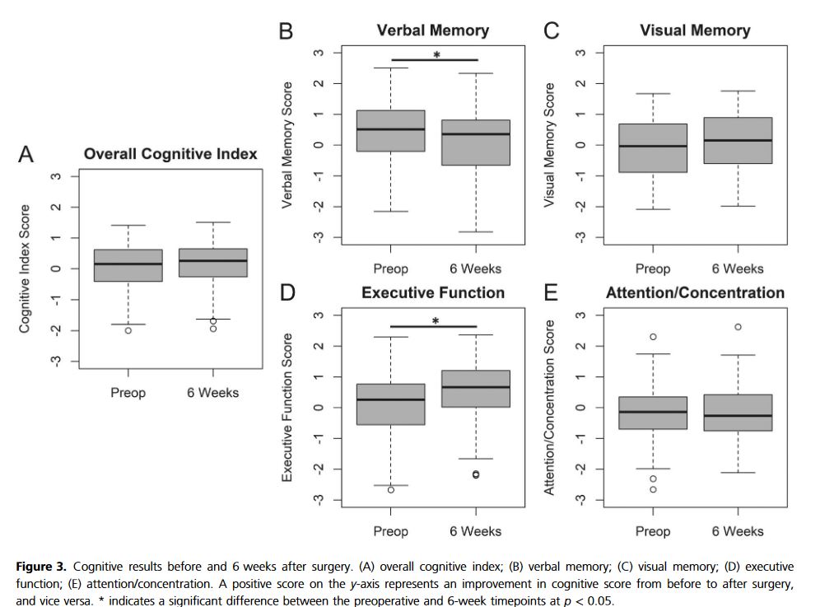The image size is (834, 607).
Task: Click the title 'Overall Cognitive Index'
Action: (x=170, y=154)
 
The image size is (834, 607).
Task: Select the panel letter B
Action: (x=286, y=31)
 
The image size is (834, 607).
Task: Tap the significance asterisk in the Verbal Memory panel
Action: (x=436, y=55)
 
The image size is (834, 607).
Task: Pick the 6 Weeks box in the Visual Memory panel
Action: (x=737, y=140)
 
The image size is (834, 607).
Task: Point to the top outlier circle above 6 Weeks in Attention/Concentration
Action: (x=738, y=327)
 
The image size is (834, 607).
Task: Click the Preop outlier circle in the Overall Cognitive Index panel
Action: (x=128, y=330)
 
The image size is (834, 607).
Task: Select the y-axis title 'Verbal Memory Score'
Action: (x=287, y=145)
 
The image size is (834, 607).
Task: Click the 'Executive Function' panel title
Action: (x=433, y=292)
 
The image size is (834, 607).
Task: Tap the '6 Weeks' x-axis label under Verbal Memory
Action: (x=475, y=268)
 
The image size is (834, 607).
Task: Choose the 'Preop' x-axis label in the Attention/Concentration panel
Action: (x=653, y=531)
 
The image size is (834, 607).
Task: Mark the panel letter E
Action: (x=551, y=293)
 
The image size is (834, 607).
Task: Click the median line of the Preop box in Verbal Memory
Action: (x=390, y=129)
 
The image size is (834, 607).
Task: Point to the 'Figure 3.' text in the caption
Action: (x=42, y=567)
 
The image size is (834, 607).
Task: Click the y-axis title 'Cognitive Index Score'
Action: (x=25, y=268)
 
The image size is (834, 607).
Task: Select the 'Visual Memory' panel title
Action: (x=695, y=30)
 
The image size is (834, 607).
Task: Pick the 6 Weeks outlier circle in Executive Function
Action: (x=476, y=474)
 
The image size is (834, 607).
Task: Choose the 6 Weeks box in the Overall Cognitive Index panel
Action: (x=213, y=262)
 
